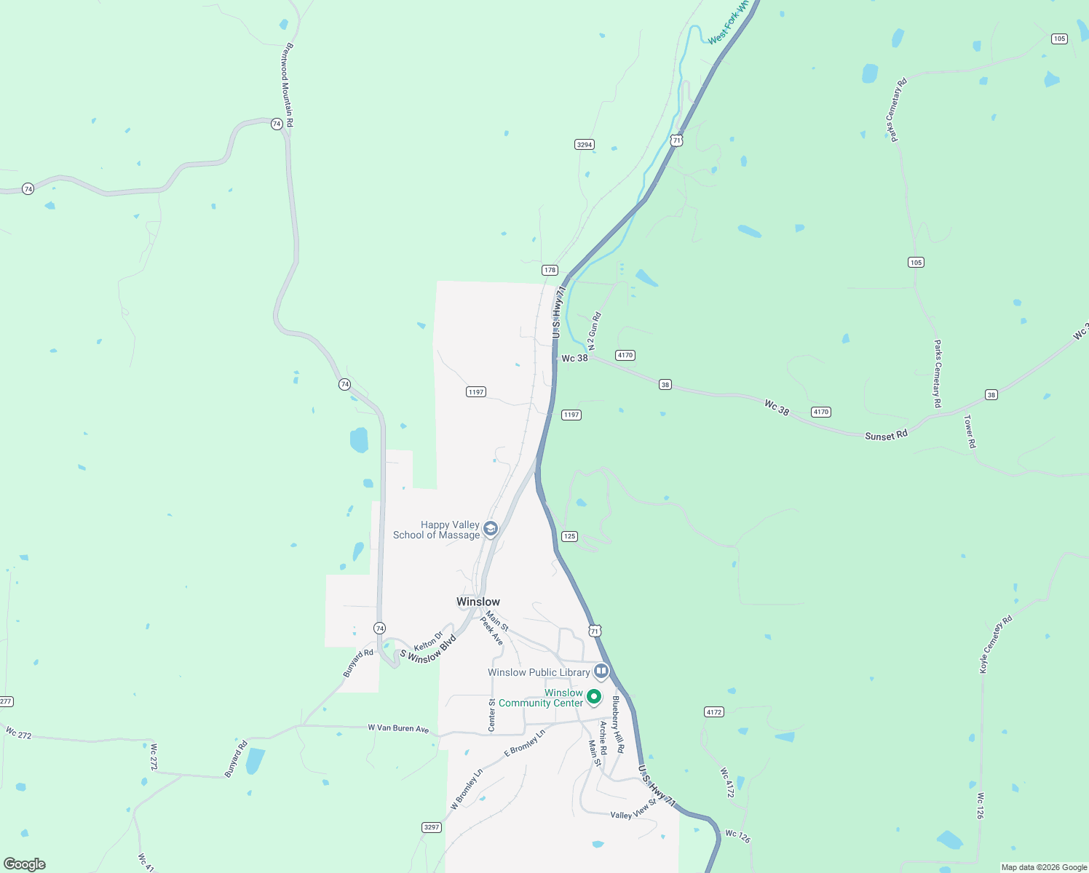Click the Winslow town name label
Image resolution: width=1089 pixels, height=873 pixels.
point(478,602)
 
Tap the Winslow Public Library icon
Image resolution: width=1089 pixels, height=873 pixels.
point(601,671)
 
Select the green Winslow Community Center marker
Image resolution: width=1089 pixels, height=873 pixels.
point(594,697)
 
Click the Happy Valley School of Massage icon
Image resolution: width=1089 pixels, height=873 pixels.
point(491,529)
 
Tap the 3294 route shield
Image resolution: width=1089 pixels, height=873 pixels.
point(585,145)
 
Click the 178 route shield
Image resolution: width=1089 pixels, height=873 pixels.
point(550,270)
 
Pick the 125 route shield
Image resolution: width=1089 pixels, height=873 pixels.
point(569,536)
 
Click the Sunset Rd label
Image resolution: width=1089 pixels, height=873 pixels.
point(886,435)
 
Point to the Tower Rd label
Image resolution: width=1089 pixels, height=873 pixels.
point(969,431)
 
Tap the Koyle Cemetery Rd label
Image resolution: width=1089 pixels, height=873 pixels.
point(996,645)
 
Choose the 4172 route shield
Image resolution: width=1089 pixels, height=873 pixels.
point(714,712)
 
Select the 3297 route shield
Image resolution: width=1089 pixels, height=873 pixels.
point(432,827)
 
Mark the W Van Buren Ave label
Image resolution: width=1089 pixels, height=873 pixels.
point(398,727)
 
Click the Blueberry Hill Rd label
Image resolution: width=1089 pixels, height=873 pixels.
point(618,724)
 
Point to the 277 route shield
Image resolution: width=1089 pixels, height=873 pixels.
point(6,701)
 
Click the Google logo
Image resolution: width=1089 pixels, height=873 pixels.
point(25,864)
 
